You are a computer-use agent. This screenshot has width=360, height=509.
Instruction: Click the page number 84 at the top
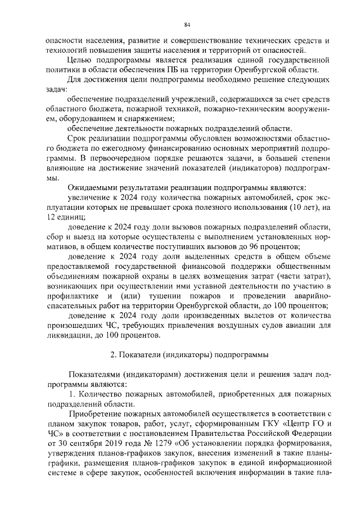click(187, 24)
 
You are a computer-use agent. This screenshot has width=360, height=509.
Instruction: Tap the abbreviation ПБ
click(177, 70)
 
